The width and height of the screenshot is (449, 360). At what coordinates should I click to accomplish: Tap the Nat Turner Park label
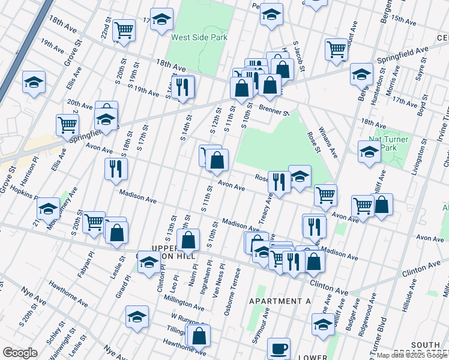(388, 143)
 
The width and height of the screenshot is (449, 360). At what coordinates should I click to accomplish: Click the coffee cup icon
(279, 348)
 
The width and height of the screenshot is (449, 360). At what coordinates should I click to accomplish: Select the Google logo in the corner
(20, 353)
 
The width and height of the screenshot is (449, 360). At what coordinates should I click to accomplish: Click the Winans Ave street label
(328, 143)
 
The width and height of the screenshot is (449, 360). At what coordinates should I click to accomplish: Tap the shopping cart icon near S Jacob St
(336, 49)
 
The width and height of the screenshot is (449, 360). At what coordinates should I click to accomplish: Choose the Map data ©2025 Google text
(411, 355)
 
